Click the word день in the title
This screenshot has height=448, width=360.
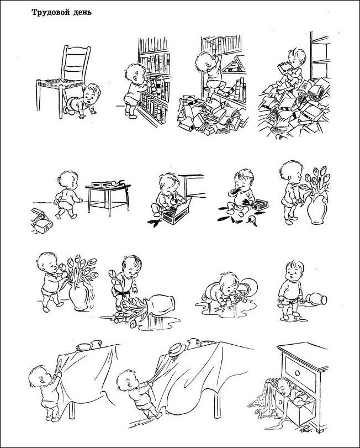tap(83, 13)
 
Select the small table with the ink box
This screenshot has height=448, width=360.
tap(108, 197)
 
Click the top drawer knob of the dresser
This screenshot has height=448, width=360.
tap(298, 373)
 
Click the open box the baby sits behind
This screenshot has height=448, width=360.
tap(174, 211)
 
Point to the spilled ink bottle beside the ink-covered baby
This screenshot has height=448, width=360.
tap(252, 220)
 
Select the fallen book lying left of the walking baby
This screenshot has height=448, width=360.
tap(41, 221)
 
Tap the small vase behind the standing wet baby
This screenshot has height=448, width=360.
tap(316, 299)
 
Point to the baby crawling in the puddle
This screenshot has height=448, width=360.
tap(225, 289)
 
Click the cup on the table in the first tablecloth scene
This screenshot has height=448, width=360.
tap(83, 347)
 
